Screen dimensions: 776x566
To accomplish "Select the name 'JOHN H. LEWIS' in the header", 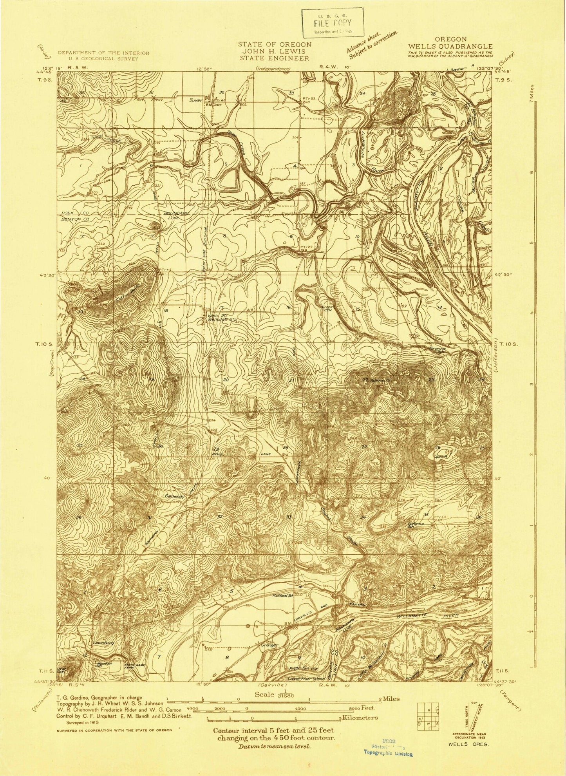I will [275, 51].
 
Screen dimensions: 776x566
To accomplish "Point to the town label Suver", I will [195, 100].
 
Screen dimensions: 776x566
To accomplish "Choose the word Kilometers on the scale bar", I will [360, 729].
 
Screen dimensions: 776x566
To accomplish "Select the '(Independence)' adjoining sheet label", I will [273, 69].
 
